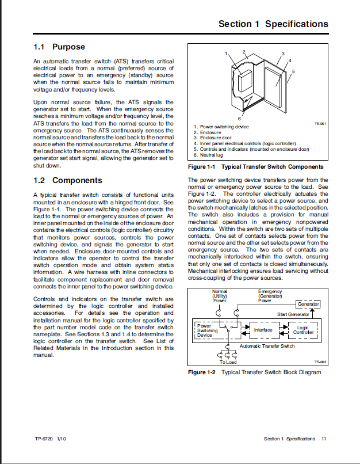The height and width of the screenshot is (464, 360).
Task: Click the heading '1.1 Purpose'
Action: (59, 47)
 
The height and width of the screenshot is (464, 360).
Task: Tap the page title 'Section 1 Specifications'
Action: (273, 24)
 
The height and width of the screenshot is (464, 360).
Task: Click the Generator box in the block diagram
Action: (308, 304)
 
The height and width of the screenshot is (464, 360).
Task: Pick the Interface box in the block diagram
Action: (263, 330)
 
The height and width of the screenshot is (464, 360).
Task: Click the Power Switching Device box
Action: (208, 330)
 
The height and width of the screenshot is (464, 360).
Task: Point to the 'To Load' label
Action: (228, 362)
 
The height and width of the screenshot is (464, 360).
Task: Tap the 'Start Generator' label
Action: (293, 314)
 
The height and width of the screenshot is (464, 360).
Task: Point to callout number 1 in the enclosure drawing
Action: (227, 54)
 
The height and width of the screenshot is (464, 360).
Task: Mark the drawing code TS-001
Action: (320, 123)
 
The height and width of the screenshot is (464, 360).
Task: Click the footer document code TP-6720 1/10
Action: (50, 439)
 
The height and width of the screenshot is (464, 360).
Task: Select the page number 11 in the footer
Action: (324, 439)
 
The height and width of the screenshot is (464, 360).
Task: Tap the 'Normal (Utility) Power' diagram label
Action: (220, 295)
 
